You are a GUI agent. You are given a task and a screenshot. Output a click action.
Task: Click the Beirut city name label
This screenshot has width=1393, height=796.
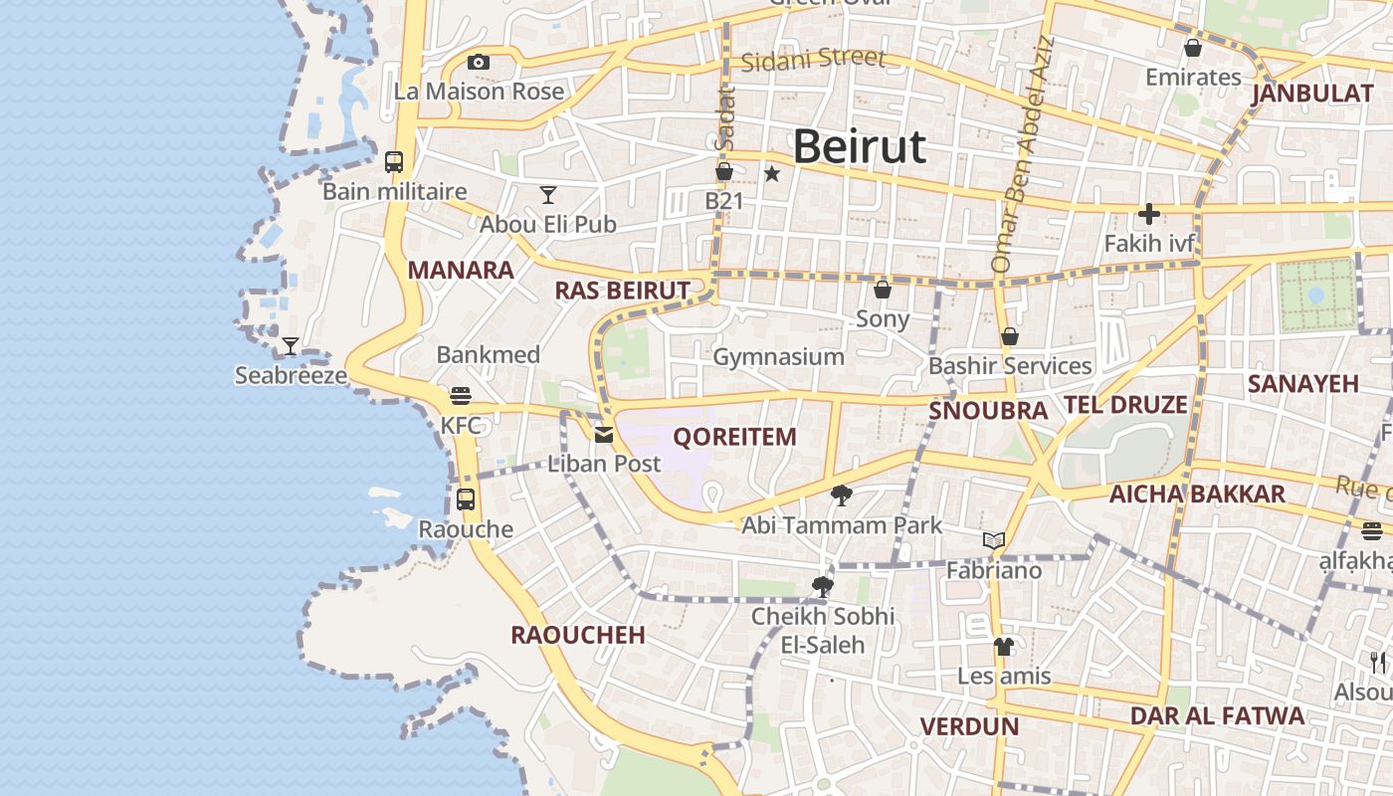(x=860, y=147)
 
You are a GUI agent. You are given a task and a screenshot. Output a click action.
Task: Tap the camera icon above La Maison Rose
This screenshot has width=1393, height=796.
(x=479, y=62)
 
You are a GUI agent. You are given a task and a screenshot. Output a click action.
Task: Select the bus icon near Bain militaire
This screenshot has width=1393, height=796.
(x=394, y=161)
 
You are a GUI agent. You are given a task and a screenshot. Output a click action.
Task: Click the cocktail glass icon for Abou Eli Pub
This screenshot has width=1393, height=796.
(x=548, y=194)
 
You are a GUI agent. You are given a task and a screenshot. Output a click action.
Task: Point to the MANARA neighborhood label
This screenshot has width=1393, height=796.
(x=461, y=270)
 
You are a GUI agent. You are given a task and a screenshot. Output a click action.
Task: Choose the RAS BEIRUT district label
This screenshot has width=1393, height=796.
(x=622, y=291)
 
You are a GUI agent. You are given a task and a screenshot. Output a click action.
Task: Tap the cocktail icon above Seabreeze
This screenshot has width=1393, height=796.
(x=290, y=345)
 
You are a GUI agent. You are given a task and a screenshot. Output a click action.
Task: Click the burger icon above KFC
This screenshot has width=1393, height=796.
(x=460, y=395)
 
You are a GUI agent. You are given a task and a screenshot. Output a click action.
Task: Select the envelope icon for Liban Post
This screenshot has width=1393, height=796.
(x=604, y=434)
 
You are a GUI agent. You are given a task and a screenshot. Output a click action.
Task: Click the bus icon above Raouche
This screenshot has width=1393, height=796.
(x=466, y=498)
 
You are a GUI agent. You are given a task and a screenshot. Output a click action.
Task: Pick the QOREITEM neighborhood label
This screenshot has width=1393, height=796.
(x=735, y=437)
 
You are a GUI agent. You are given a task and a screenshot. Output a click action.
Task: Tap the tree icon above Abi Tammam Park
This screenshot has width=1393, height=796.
(x=841, y=495)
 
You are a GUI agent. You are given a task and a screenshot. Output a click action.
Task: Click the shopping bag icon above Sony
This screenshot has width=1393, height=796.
(x=882, y=290)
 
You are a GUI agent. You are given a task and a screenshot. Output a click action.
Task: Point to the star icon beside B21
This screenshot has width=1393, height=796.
(x=772, y=173)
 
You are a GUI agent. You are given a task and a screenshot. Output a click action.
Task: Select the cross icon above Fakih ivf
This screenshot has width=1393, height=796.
(x=1149, y=213)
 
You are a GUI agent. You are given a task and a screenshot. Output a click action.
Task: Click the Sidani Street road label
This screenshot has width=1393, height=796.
(x=813, y=59)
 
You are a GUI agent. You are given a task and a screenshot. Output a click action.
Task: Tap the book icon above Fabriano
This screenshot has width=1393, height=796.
(x=993, y=540)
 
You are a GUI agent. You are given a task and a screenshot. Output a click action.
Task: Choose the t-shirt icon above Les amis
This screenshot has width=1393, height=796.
(x=1003, y=647)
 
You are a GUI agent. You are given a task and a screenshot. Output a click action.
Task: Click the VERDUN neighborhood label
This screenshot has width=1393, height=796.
(x=969, y=726)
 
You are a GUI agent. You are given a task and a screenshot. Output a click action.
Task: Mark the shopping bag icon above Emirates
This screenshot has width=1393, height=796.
(x=1193, y=47)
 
